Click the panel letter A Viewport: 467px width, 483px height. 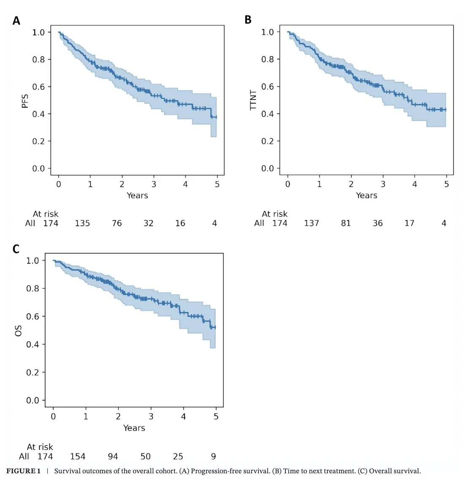coord(16,21)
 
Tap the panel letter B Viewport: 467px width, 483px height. coord(248,20)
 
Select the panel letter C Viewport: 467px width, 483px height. coord(16,249)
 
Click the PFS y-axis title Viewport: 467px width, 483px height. coord(25,101)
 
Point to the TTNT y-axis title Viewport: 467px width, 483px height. coord(253,100)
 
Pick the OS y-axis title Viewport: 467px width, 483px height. coord(18,330)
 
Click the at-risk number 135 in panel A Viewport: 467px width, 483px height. coord(82,223)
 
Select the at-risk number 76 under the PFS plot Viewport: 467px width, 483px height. coord(117,223)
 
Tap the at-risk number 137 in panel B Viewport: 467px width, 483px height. coord(311,223)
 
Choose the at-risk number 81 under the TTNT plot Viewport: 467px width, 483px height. coord(346,223)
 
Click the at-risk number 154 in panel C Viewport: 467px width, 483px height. coord(78,456)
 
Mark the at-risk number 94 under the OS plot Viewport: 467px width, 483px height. coord(113,456)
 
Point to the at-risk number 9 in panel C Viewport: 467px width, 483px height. coord(214,456)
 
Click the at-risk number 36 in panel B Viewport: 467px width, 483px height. coord(378,223)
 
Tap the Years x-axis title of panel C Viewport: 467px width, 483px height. coord(134,428)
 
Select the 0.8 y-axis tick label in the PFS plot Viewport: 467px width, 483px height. coord(38,59)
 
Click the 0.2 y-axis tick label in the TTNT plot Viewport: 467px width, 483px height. coord(268,141)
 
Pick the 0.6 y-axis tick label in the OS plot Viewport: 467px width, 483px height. coord(33,317)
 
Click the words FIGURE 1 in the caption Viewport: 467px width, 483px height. coord(24,471)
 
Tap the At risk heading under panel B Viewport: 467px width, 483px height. coord(274,214)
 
